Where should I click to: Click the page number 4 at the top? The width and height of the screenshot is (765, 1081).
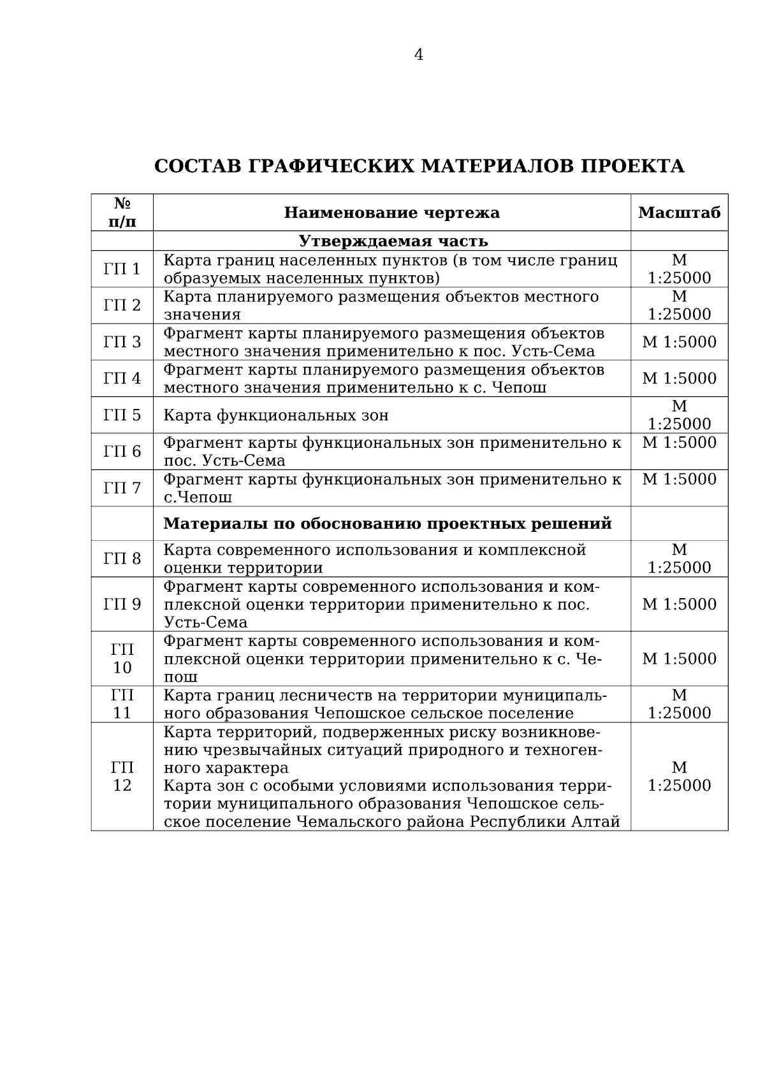point(418,55)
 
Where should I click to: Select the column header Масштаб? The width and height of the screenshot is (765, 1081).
point(679,213)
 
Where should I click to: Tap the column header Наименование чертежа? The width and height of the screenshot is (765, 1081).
point(391,213)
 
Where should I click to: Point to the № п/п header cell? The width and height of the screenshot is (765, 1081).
point(122,213)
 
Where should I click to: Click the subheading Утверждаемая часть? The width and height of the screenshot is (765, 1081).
point(393,241)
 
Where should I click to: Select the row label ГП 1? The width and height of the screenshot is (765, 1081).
point(122,269)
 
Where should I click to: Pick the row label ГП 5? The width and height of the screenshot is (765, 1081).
point(122,415)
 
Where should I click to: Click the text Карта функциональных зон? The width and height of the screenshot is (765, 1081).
point(276,416)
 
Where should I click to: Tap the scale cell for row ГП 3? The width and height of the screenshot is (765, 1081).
point(679,342)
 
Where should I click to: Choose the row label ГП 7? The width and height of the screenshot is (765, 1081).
point(122,489)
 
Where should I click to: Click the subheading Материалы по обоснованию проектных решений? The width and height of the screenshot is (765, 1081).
point(388,524)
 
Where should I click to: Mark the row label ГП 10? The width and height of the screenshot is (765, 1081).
point(122,659)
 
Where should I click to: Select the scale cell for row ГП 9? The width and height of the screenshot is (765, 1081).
point(679,604)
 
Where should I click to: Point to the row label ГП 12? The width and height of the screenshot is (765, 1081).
point(122,777)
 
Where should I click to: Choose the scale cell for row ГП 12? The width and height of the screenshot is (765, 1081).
point(679,777)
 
